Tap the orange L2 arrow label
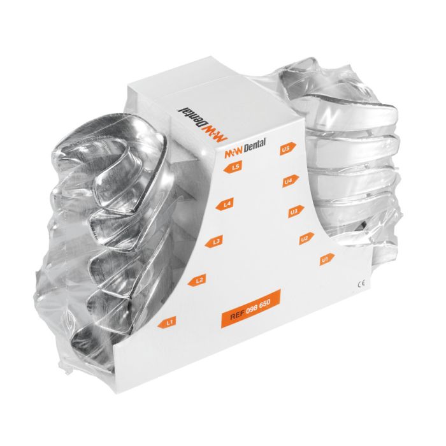click(199, 280)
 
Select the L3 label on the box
click(217, 241)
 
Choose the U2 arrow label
click(304, 238)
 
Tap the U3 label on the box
click(293, 211)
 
